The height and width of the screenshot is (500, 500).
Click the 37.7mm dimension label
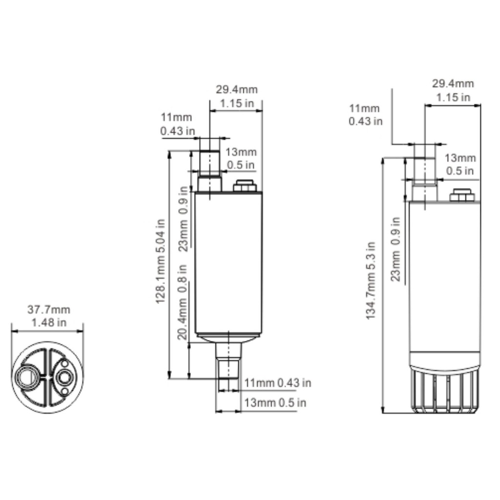click(x=48, y=310)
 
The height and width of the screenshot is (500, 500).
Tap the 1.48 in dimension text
click(x=49, y=323)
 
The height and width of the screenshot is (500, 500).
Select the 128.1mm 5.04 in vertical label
click(x=160, y=261)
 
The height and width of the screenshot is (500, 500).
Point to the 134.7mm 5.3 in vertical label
click(x=371, y=281)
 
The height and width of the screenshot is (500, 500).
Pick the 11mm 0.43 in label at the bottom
click(x=278, y=383)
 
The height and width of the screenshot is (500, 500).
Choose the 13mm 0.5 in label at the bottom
click(x=275, y=403)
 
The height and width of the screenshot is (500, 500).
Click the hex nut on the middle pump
click(x=245, y=186)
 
